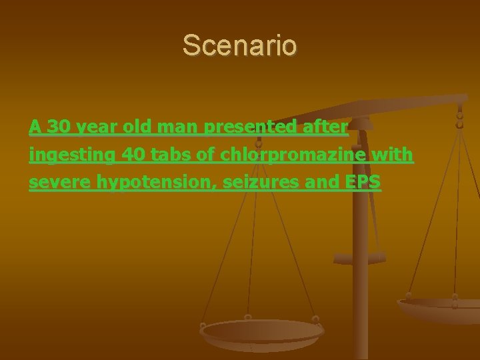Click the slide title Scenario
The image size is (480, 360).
pyautogui.click(x=240, y=46)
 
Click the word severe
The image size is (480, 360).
pyautogui.click(x=59, y=183)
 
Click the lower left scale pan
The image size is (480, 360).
pyautogui.click(x=261, y=333)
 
